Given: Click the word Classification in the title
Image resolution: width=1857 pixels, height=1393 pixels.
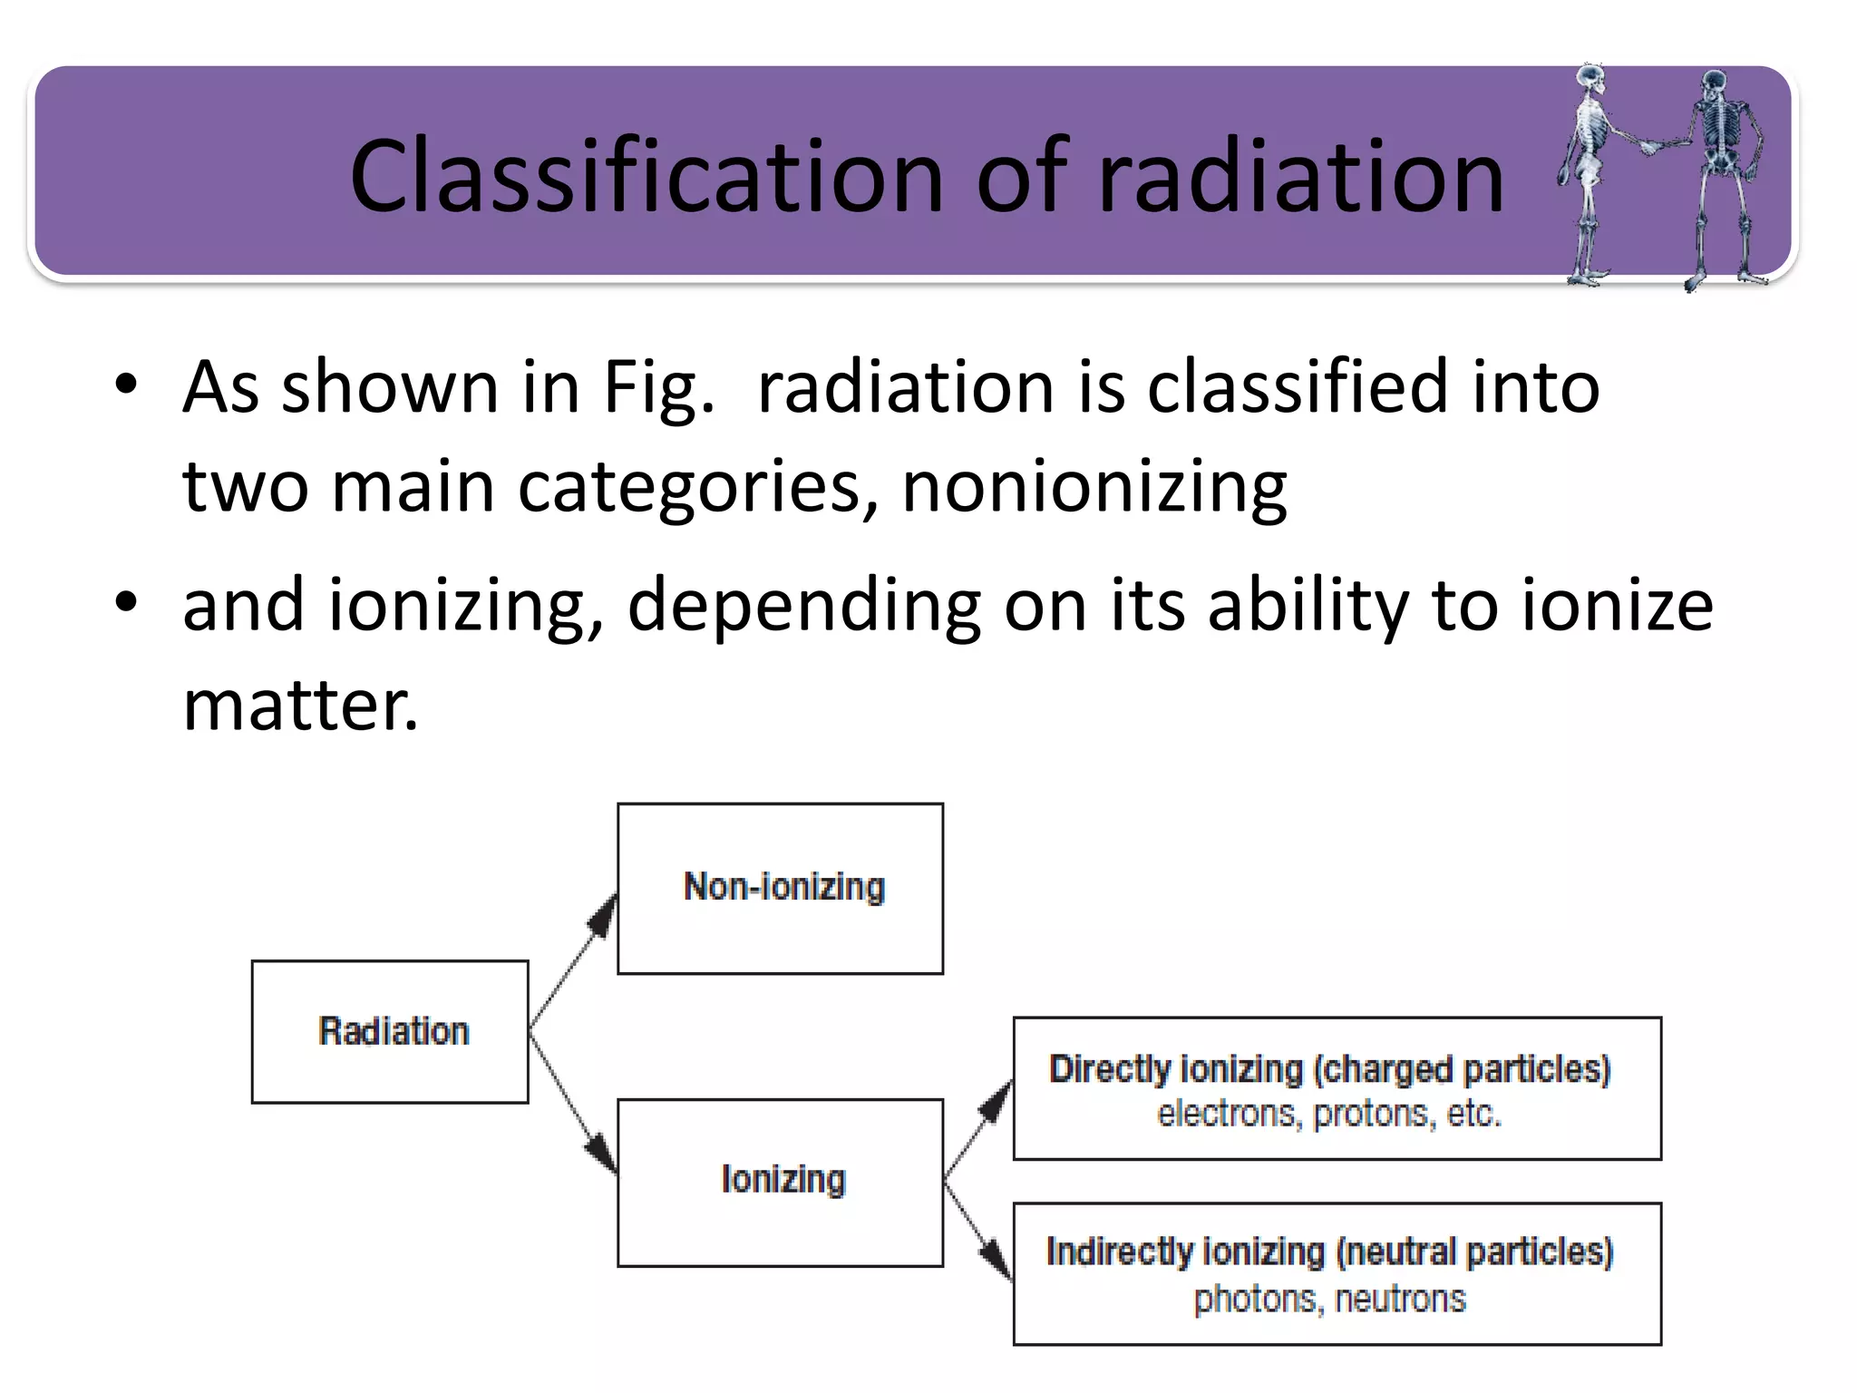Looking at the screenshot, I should coord(646,177).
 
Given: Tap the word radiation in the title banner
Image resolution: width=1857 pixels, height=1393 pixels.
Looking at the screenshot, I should coord(1301,177).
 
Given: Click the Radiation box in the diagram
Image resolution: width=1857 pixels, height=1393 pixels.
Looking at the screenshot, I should coord(390,1032).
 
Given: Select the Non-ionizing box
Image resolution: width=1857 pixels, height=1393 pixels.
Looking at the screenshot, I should coord(780,889).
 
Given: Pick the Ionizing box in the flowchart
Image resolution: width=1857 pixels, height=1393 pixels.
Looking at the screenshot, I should coord(780,1182).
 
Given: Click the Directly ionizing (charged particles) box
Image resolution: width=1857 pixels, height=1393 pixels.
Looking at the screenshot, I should coord(1337,1088).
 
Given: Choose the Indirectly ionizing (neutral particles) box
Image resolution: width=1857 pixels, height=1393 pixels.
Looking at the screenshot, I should coord(1337,1273).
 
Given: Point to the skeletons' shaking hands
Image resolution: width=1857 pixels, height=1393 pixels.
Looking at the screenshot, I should coord(1651,145).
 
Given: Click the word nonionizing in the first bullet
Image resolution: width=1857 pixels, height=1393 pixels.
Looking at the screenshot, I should coord(1094,487).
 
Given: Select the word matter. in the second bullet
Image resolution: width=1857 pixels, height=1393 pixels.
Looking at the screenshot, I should coord(300,706).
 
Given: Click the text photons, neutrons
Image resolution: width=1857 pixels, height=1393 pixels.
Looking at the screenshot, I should coord(1329,1299).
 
